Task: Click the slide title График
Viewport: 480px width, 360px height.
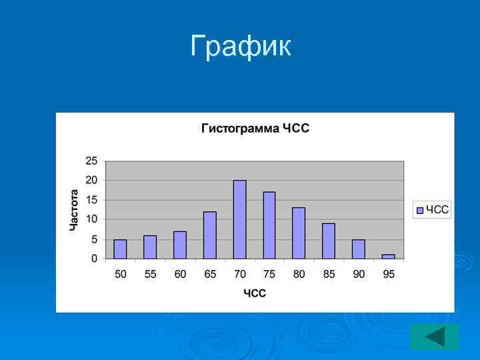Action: point(241,47)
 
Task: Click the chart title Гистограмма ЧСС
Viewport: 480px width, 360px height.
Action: point(255,129)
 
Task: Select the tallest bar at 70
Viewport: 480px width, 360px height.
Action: point(239,219)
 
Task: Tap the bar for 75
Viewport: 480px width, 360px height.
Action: point(269,225)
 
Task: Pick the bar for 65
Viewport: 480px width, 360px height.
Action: point(210,235)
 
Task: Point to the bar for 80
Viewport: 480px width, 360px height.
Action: point(299,233)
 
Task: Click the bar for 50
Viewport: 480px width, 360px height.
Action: point(120,249)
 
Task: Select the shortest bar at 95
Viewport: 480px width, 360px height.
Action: point(388,256)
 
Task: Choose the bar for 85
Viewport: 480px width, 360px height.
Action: point(329,241)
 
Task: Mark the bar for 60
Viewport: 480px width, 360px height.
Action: point(180,245)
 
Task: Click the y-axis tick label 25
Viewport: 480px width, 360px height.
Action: point(91,161)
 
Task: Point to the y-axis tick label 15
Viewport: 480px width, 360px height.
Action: point(91,200)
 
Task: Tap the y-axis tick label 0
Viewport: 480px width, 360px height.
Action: point(94,258)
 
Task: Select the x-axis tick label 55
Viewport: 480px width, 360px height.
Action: point(151,275)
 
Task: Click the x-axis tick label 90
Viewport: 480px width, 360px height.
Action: point(359,275)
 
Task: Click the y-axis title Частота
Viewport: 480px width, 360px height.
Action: point(75,210)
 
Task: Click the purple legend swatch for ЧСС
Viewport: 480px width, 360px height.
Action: point(419,210)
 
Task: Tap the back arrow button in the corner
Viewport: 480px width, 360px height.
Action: point(435,337)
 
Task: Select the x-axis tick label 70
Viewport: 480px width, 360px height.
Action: point(240,275)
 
